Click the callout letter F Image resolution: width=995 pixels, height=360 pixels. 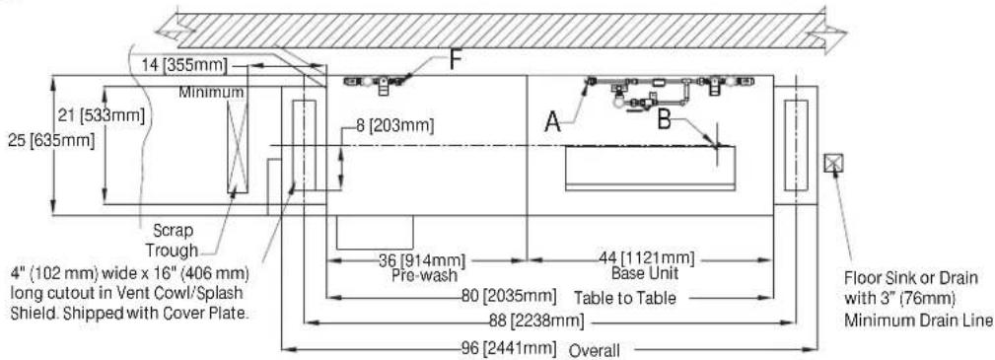pyautogui.click(x=455, y=60)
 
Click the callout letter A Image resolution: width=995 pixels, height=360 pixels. pyautogui.click(x=553, y=122)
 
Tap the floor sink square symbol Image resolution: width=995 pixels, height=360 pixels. pyautogui.click(x=830, y=163)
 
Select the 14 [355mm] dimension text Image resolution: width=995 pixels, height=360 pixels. pyautogui.click(x=180, y=64)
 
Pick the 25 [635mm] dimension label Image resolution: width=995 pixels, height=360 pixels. pyautogui.click(x=51, y=140)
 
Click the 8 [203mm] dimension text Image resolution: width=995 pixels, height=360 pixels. pyautogui.click(x=394, y=126)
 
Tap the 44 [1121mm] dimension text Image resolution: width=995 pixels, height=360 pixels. pyautogui.click(x=647, y=259)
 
